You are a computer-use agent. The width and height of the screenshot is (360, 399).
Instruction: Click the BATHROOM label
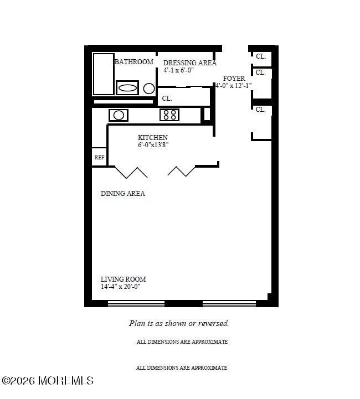[x=133, y=62]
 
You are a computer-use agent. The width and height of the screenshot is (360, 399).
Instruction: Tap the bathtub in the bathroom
[x=103, y=74]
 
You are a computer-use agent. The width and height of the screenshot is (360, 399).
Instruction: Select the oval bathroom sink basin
[x=127, y=87]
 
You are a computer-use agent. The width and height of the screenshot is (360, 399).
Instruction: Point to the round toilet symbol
[x=149, y=88]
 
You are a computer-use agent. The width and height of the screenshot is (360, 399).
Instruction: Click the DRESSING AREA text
[x=189, y=63]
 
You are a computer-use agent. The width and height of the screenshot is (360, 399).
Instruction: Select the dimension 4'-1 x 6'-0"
[x=178, y=70]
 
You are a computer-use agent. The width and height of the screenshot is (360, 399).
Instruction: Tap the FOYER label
[x=234, y=79]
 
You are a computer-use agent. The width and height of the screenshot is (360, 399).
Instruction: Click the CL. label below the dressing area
[x=167, y=99]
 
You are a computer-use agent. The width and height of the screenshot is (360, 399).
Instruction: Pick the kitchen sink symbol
[x=119, y=115]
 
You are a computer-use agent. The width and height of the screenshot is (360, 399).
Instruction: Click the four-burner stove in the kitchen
[x=169, y=115]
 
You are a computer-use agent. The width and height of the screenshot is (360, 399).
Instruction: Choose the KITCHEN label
[x=153, y=138]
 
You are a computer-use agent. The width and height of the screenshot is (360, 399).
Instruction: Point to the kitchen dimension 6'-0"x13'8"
[x=153, y=145]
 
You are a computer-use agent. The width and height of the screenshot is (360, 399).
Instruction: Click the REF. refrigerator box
[x=100, y=157]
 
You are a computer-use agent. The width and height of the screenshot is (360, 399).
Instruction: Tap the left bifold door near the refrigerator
[x=131, y=172]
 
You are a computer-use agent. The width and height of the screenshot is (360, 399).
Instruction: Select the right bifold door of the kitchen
[x=182, y=171]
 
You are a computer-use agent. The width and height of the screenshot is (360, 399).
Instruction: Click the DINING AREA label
[x=123, y=194]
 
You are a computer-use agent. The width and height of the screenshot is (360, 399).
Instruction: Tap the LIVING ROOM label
[x=123, y=279]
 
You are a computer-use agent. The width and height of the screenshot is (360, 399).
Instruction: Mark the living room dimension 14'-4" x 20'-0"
[x=120, y=287]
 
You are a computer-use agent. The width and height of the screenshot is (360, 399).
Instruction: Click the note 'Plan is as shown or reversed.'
[x=179, y=323]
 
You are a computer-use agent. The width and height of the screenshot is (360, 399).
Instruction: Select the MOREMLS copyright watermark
[x=48, y=381]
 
